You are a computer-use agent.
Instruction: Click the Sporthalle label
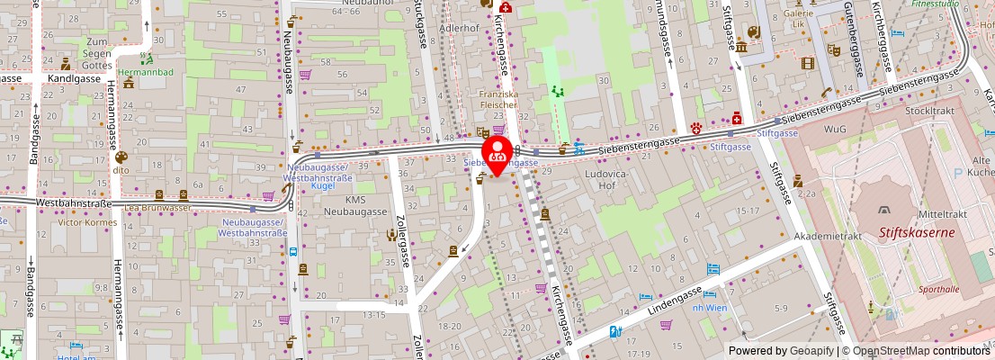(939, 290)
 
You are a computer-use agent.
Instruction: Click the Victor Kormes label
(86, 220)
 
